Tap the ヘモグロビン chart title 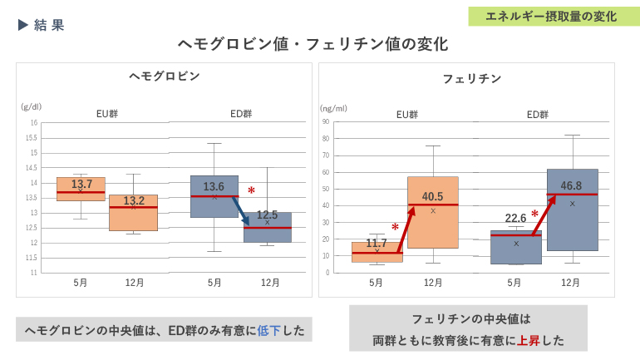point(165,76)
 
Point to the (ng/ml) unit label point(334,108)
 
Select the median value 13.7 point(81,184)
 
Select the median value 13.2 point(134,200)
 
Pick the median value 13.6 point(214,187)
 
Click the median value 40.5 point(432,197)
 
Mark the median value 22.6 point(515,219)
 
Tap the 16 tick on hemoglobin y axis point(34,123)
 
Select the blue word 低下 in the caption point(268,330)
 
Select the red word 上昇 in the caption point(529,340)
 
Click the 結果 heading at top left point(49,25)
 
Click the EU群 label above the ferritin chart point(406,115)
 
